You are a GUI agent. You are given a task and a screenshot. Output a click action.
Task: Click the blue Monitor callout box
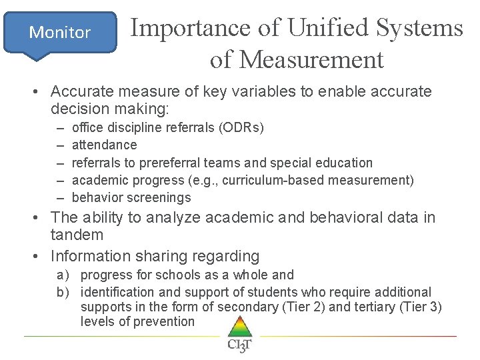[x=60, y=32]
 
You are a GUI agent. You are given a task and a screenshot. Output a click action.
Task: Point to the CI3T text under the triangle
[x=239, y=345]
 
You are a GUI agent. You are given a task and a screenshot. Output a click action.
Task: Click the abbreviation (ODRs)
[x=241, y=127]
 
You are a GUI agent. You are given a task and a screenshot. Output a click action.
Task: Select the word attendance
[x=104, y=145]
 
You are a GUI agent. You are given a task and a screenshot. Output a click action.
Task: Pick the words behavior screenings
[x=131, y=197]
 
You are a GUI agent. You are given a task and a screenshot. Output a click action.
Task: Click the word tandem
[x=77, y=235]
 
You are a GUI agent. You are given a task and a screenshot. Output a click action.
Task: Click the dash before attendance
[x=61, y=145]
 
